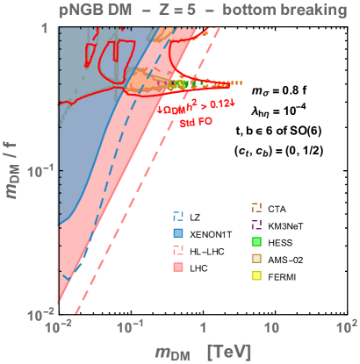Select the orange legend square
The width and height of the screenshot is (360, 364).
256,208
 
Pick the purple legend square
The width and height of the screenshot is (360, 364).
256,225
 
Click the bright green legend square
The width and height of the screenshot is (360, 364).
256,242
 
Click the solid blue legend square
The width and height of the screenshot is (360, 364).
178,233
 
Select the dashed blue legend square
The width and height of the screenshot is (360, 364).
178,216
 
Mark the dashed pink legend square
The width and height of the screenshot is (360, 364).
178,251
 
